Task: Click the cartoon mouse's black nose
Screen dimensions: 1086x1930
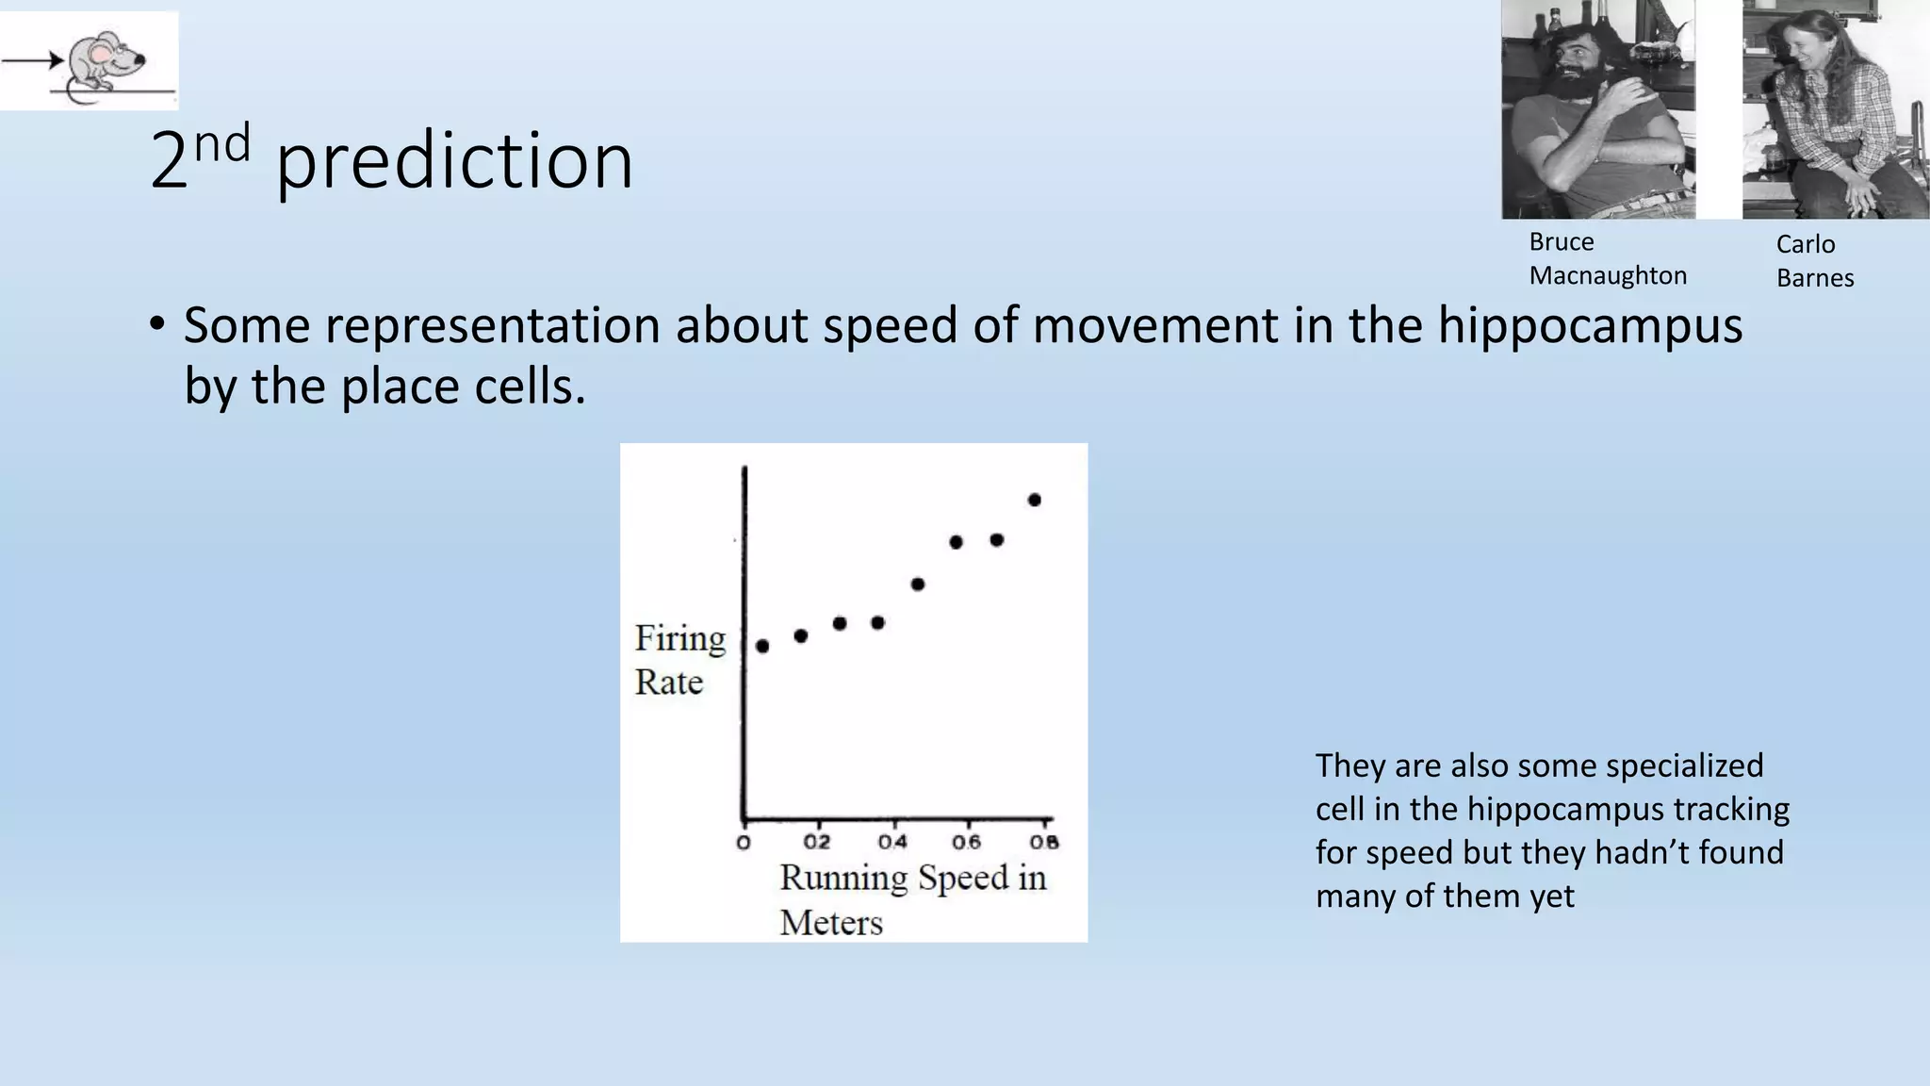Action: [x=140, y=59]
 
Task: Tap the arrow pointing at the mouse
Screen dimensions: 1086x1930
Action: [x=32, y=61]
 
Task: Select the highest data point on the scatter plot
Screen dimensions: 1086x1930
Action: [x=1034, y=500]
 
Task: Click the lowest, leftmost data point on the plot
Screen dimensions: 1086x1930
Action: [x=762, y=646]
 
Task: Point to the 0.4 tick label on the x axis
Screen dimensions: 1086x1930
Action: [x=892, y=842]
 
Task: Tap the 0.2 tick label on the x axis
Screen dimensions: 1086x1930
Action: [x=817, y=842]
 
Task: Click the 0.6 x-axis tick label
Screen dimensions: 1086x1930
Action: [x=967, y=842]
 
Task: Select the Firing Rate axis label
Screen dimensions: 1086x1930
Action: [x=679, y=659]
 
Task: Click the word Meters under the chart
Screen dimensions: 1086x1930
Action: [x=831, y=922]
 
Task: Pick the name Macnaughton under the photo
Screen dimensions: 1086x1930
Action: [x=1608, y=275]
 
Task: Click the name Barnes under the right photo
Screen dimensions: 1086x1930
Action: [x=1815, y=278]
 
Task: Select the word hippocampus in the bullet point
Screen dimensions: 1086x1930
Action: [x=1590, y=325]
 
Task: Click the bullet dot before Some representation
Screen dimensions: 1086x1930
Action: [x=157, y=325]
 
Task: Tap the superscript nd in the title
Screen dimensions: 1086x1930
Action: [x=222, y=143]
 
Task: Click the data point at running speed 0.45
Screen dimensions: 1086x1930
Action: [x=918, y=584]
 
